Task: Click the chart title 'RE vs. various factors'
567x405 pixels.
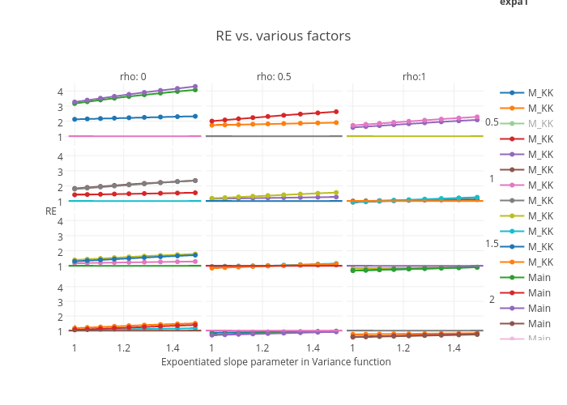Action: [283, 36]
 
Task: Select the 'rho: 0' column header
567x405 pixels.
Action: [133, 76]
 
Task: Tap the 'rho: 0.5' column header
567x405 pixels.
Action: [274, 76]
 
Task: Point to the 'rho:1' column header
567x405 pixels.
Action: [415, 76]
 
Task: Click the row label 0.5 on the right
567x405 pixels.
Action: [492, 122]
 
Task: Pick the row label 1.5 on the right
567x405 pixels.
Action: [492, 244]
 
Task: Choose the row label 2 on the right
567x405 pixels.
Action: [492, 300]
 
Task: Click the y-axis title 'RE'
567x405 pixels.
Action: [51, 211]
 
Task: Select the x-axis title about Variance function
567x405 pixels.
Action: [275, 362]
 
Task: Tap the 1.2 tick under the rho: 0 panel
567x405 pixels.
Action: [123, 347]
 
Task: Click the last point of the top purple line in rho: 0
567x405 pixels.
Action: [195, 86]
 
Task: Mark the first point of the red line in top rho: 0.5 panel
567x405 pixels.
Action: [211, 122]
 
